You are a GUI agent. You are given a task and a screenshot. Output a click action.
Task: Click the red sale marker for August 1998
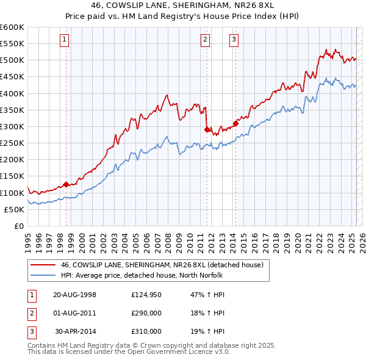click(66, 184)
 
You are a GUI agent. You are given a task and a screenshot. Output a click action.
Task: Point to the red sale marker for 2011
click(207, 129)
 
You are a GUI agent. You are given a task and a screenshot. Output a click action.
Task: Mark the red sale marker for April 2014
click(235, 123)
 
